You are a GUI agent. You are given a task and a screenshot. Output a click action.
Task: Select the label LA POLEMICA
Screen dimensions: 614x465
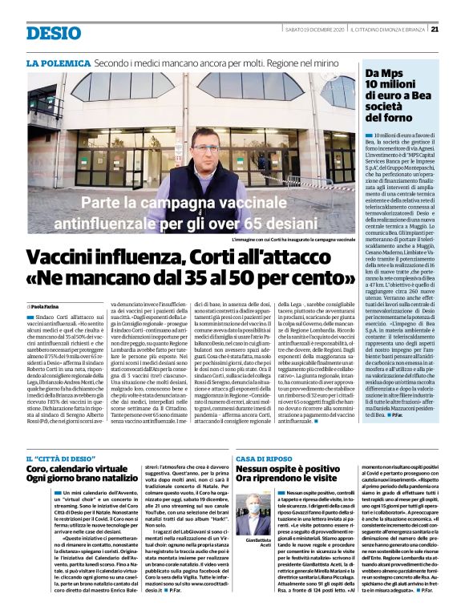58,62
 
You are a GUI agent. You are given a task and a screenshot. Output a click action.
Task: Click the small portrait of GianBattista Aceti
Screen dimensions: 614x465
254,504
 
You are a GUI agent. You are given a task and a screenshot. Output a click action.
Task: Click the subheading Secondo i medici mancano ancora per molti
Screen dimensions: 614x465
202,62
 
